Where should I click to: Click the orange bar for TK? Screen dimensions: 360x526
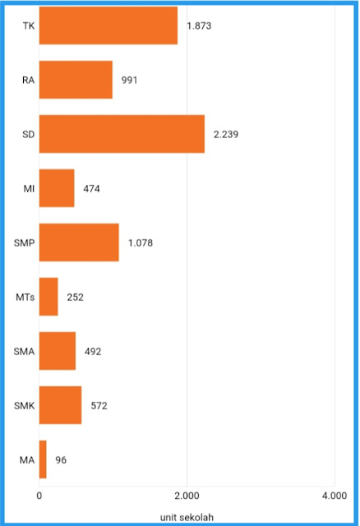(x=108, y=25)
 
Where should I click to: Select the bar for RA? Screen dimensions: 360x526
(x=76, y=80)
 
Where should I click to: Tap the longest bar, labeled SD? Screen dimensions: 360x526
(x=122, y=134)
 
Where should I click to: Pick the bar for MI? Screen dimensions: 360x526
(x=57, y=188)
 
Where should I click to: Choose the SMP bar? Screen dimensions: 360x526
(x=79, y=242)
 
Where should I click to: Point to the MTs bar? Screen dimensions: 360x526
(x=48, y=297)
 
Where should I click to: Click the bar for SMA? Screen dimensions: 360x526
(x=58, y=351)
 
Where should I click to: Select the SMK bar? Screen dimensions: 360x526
(x=60, y=405)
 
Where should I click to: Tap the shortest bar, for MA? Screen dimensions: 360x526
(x=43, y=459)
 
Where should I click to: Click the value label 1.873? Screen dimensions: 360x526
(x=199, y=25)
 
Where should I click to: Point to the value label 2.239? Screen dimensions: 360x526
(x=226, y=135)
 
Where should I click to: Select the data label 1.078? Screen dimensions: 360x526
(x=141, y=243)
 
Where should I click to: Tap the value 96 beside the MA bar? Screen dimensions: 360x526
(x=61, y=460)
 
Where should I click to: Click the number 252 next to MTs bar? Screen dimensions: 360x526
(x=75, y=298)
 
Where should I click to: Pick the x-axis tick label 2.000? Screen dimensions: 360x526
(x=187, y=496)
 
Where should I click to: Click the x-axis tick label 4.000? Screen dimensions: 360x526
(x=335, y=496)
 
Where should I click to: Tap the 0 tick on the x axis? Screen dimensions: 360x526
(x=39, y=496)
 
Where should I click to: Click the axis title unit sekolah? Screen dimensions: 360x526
(x=187, y=517)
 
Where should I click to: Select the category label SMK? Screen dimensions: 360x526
(x=24, y=406)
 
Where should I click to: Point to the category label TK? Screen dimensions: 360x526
(x=29, y=25)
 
